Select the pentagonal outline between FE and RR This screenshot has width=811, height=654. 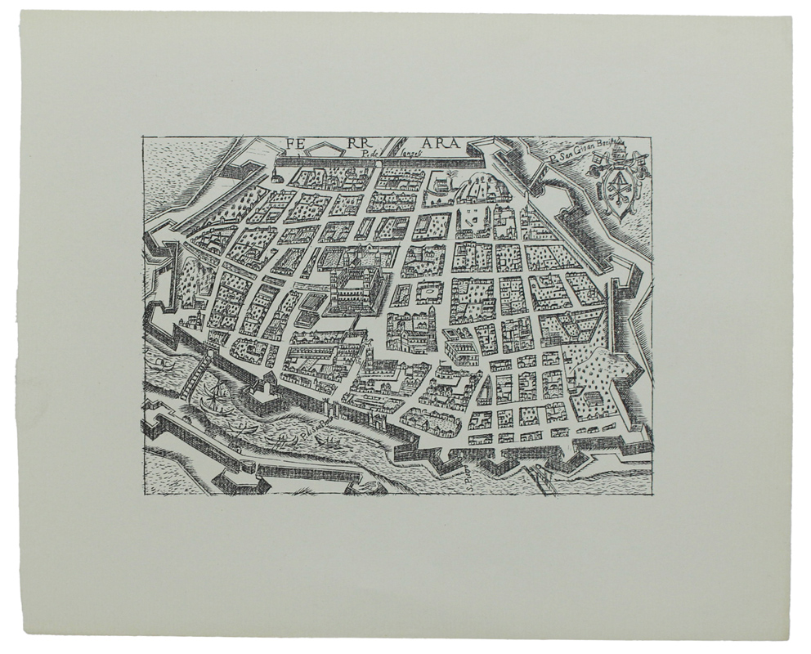(327, 148)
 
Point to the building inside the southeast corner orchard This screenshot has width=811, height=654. (587, 400)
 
